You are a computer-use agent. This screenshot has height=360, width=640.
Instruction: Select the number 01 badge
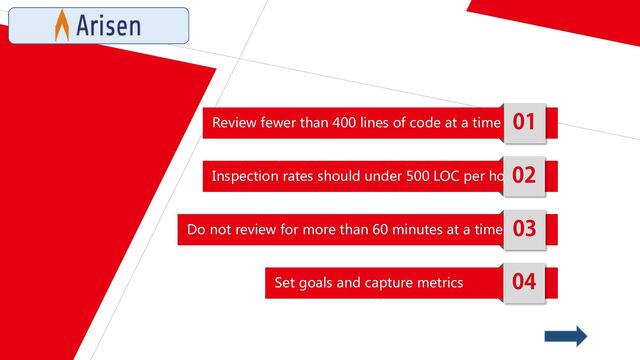(x=524, y=122)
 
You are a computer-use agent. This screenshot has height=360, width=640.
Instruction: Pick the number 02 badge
(x=524, y=175)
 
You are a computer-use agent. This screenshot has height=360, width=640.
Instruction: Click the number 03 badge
(x=524, y=229)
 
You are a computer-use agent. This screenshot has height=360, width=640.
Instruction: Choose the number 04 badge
(x=524, y=282)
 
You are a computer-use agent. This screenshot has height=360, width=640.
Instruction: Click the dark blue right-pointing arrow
(x=566, y=336)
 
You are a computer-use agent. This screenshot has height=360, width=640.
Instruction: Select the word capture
(x=382, y=284)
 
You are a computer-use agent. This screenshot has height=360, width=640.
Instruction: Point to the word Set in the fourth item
(x=285, y=283)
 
